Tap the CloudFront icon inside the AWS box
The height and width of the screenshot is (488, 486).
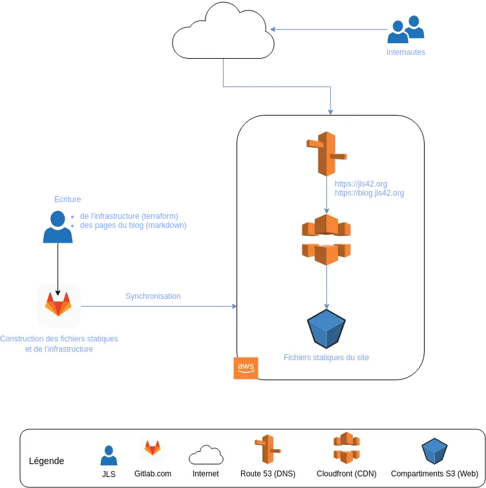click(326, 239)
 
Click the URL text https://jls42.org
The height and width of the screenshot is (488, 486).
click(361, 184)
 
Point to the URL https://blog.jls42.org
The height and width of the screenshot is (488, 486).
click(369, 193)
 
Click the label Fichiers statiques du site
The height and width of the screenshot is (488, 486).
click(326, 357)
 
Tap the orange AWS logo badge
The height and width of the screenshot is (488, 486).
click(245, 368)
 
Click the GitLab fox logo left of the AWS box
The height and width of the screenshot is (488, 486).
click(58, 305)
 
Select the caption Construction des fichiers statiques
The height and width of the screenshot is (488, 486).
click(59, 339)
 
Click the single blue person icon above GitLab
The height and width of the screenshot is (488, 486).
click(58, 227)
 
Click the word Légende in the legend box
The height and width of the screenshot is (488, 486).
click(47, 461)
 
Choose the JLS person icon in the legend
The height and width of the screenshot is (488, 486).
click(109, 455)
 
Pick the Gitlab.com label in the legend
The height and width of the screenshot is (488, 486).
click(153, 473)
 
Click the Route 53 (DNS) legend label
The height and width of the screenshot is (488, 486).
click(268, 473)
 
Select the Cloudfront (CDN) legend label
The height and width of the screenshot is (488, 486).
click(346, 473)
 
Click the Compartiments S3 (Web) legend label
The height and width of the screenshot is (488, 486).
click(434, 473)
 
